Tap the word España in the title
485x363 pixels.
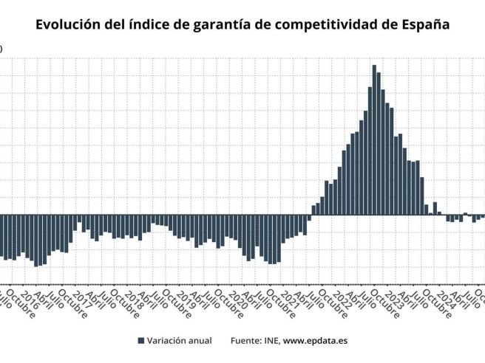[x=424, y=24]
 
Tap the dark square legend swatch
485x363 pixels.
[x=140, y=341]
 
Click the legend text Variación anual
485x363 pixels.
[x=180, y=341]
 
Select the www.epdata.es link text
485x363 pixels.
[x=316, y=341]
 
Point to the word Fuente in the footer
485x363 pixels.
[x=246, y=341]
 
